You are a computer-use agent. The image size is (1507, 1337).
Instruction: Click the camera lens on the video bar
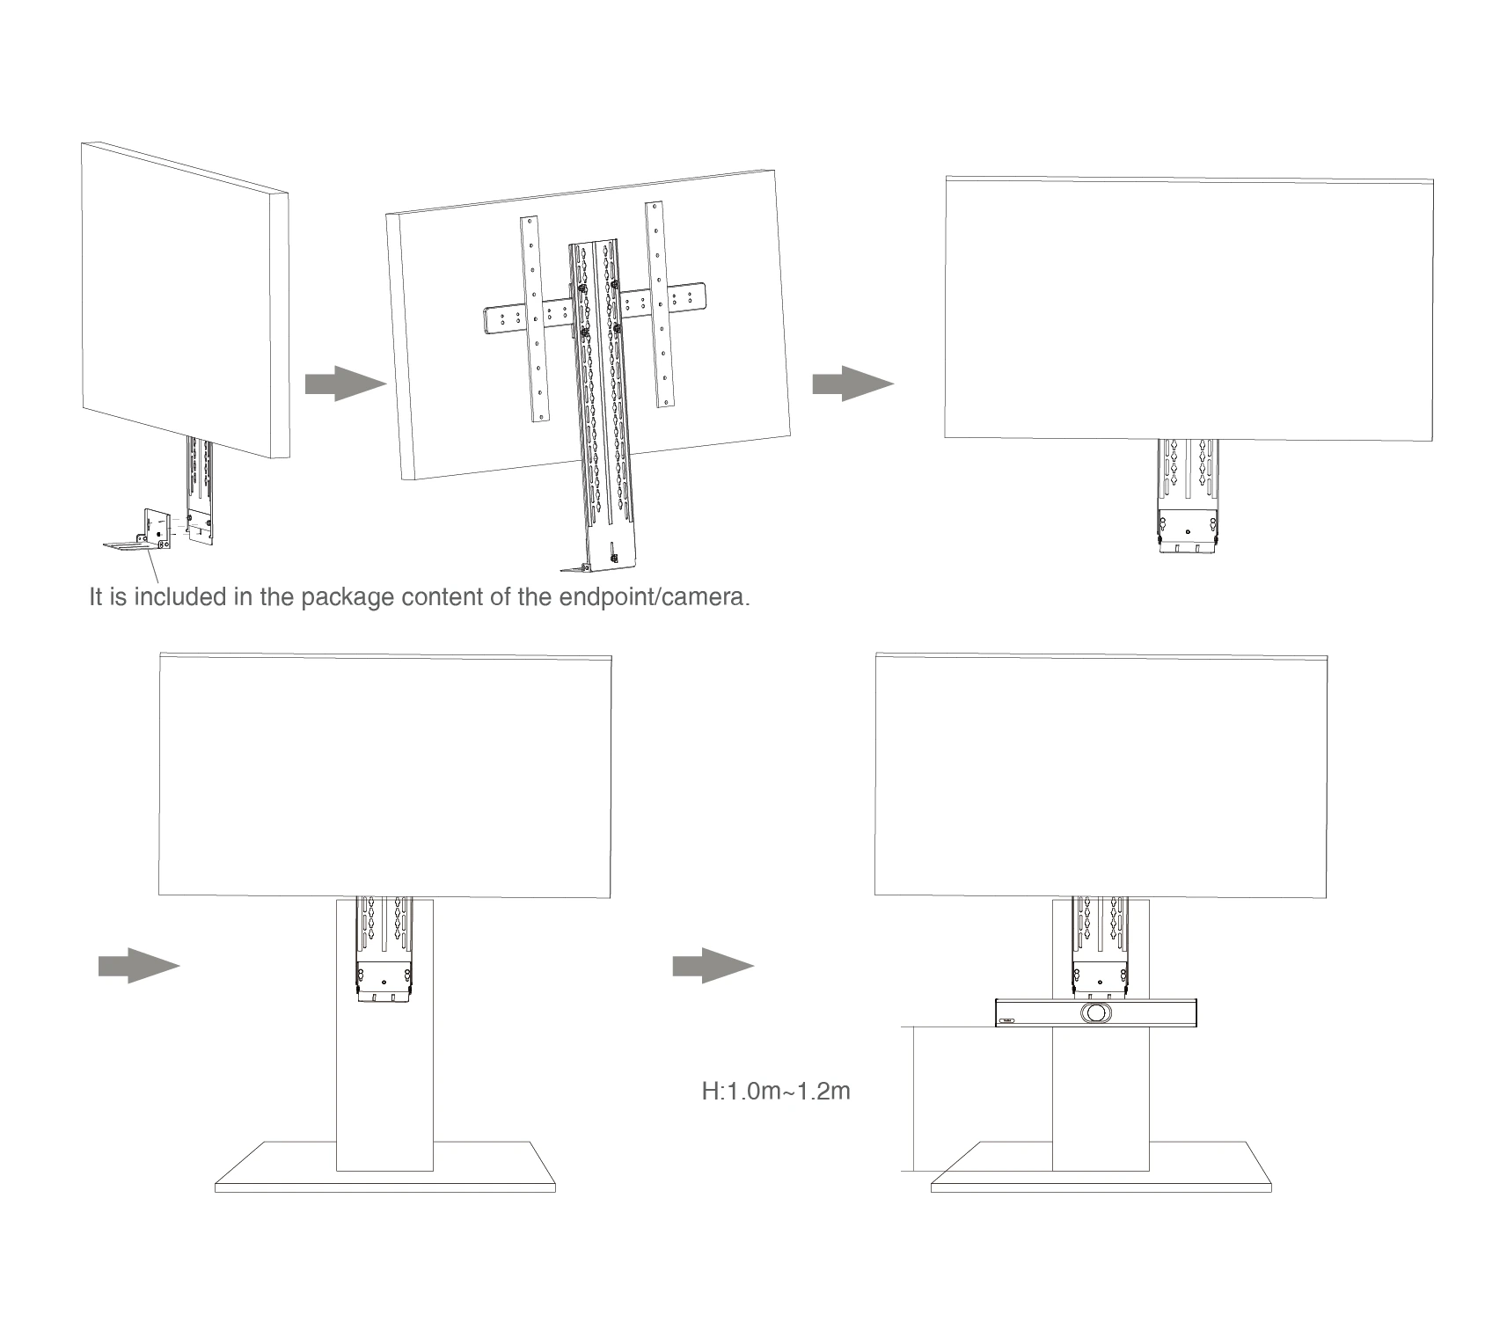[1096, 1013]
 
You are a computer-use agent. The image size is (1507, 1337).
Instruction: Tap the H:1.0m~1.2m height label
[776, 1092]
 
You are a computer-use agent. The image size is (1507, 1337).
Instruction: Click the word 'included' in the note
[179, 596]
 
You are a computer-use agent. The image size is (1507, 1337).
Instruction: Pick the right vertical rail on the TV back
[660, 304]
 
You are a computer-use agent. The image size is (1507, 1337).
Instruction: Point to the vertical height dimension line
[915, 1099]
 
